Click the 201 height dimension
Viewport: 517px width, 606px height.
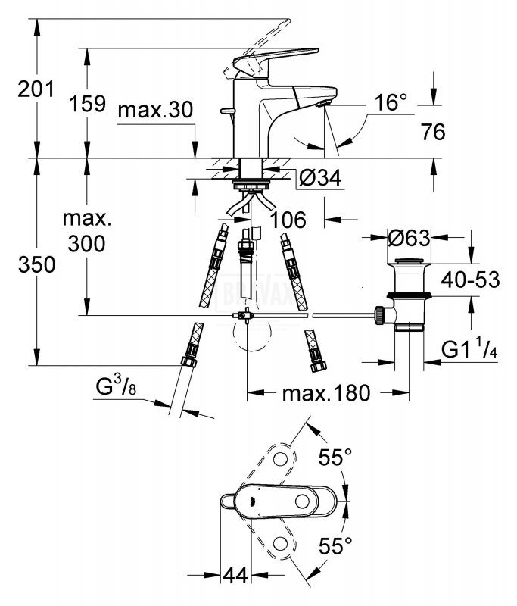(36, 89)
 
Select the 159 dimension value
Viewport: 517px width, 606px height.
(87, 104)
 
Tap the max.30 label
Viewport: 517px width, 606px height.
(155, 110)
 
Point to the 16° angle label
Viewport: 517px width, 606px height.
(391, 102)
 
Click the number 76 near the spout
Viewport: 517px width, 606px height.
(433, 132)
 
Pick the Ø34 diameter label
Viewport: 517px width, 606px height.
(320, 178)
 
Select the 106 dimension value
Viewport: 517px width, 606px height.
(288, 220)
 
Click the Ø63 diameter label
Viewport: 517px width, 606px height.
(409, 238)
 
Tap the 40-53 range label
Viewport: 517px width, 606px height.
(470, 279)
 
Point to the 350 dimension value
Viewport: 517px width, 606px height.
(36, 265)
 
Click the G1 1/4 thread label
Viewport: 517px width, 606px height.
(469, 351)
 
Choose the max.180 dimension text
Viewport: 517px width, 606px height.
(326, 393)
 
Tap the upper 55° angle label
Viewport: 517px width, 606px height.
(335, 458)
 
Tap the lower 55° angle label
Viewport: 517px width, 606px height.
(335, 545)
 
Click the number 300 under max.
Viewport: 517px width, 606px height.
(86, 244)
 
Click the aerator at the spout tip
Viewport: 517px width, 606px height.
(323, 103)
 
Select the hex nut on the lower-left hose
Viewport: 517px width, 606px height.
(188, 362)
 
